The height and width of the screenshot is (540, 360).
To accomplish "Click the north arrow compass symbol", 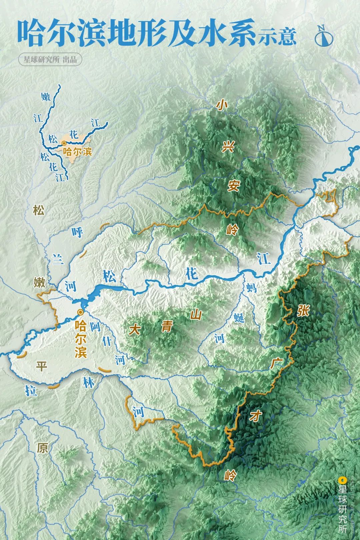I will (324, 35).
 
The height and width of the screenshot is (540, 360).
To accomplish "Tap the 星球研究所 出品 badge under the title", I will (50, 60).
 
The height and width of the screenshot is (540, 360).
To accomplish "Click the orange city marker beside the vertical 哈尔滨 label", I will (80, 312).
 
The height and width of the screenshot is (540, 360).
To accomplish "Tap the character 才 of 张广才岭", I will (255, 415).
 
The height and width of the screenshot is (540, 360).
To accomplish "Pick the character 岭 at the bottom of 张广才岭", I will (230, 475).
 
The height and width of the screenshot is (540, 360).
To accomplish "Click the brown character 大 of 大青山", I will (135, 330).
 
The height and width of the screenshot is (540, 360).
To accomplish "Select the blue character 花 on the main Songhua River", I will (192, 274).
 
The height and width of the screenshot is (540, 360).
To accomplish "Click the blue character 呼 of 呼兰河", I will (77, 232).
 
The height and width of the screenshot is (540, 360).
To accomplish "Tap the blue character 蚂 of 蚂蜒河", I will (252, 287).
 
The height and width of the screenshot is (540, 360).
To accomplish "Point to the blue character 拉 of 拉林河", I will (31, 390).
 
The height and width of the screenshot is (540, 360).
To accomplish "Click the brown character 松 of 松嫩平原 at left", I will (39, 210).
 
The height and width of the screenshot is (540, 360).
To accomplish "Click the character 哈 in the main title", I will (31, 33).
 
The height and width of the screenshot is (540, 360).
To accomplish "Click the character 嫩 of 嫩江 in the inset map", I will (46, 97).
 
